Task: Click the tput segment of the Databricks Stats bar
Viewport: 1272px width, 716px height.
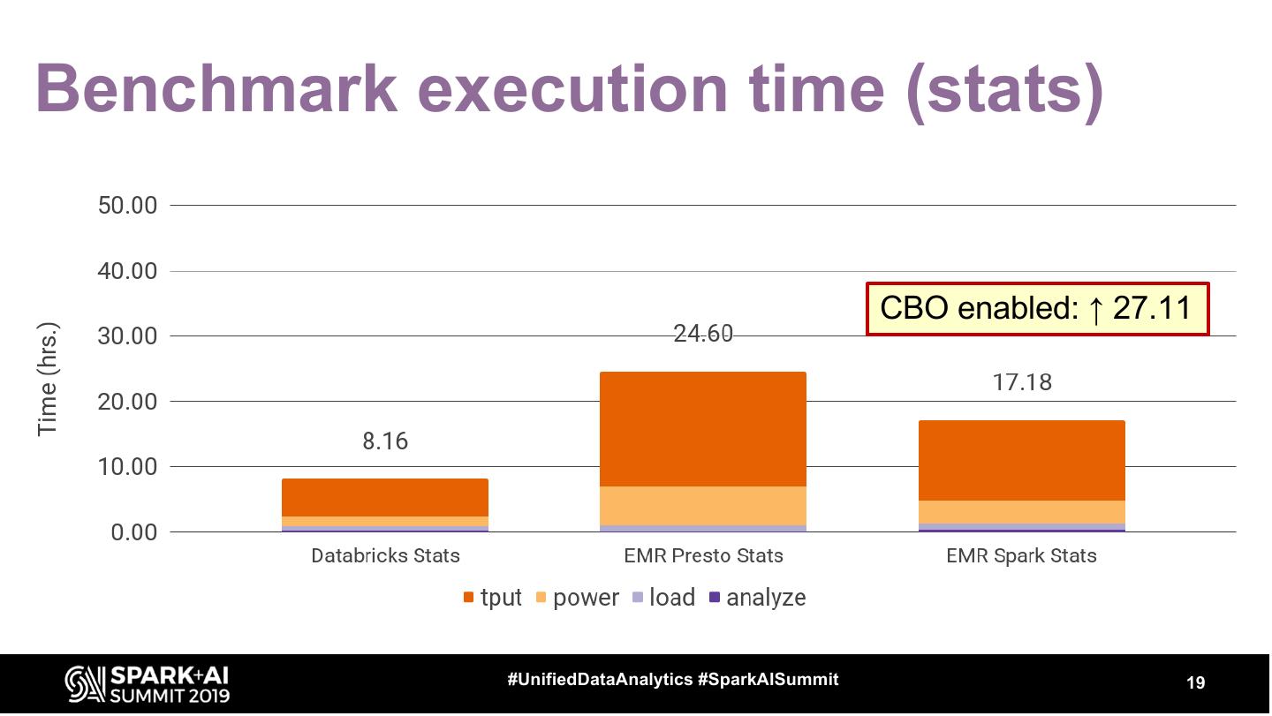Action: click(x=385, y=497)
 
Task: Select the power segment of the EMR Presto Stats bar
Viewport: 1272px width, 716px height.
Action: click(x=703, y=506)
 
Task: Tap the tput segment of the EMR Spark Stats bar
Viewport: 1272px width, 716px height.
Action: click(x=1021, y=460)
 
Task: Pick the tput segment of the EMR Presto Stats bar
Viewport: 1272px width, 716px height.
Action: click(x=703, y=429)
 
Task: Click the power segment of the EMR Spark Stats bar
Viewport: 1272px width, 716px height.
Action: click(x=1021, y=512)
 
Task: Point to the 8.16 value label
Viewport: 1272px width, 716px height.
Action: click(x=385, y=441)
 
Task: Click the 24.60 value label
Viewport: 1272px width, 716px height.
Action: click(x=703, y=335)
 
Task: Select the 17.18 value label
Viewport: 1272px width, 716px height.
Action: click(x=1021, y=383)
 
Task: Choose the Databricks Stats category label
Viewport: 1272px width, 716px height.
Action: click(x=385, y=556)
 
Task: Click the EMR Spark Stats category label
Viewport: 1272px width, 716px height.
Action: click(x=1021, y=556)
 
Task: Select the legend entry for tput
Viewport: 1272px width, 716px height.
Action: click(x=493, y=598)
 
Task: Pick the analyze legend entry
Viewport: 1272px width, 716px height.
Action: click(x=758, y=598)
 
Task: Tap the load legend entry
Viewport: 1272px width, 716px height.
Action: click(x=663, y=598)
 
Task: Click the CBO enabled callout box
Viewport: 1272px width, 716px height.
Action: click(x=1037, y=309)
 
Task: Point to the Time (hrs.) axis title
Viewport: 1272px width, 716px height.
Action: click(x=48, y=377)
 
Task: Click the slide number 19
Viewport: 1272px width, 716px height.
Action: click(x=1195, y=682)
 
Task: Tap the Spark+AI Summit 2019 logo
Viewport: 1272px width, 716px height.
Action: click(x=148, y=684)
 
